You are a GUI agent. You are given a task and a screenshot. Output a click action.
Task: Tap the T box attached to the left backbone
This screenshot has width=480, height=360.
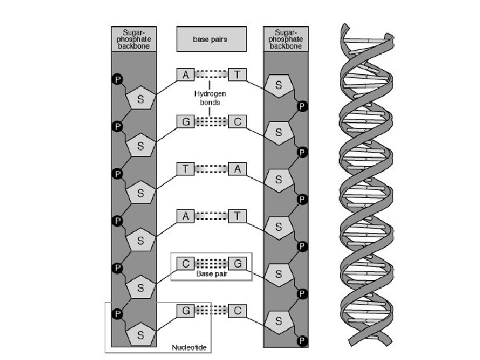tap(185, 169)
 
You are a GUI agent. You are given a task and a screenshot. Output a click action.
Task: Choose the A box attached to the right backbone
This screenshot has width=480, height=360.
tap(237, 169)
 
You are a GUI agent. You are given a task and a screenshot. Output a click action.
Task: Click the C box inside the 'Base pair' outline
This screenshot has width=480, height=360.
tap(185, 263)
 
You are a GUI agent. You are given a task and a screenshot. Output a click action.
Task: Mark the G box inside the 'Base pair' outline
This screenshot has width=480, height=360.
tap(237, 263)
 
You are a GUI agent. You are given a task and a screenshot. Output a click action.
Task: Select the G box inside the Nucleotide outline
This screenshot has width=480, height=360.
tap(185, 310)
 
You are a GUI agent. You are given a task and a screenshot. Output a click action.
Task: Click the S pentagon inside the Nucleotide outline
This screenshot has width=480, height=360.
tap(141, 334)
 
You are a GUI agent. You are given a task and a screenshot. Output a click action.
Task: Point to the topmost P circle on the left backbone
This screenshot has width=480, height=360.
tap(118, 79)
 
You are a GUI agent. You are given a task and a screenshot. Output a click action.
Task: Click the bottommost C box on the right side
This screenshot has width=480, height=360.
tap(237, 310)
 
